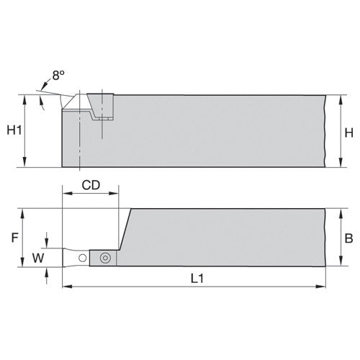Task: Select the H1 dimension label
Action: (x=13, y=130)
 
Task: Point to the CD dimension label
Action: (x=91, y=184)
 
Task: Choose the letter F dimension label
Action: (x=12, y=236)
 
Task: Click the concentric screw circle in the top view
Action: (x=104, y=257)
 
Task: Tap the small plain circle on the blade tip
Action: (x=83, y=258)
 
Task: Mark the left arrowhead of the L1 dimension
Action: (x=67, y=287)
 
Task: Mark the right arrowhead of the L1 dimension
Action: (x=321, y=287)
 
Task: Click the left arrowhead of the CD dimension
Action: (x=66, y=193)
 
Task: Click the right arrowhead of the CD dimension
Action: (x=115, y=193)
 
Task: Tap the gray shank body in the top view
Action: (x=223, y=238)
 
